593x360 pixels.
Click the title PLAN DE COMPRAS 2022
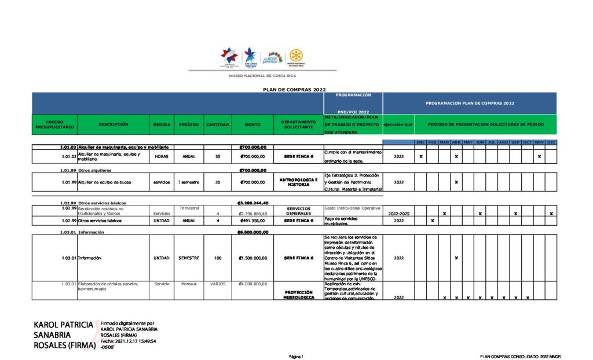click(x=295, y=90)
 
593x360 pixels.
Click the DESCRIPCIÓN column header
click(x=113, y=124)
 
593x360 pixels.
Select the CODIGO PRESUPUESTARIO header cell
click(x=54, y=124)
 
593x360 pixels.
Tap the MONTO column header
click(x=252, y=124)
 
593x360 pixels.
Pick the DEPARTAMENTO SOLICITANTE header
click(x=298, y=124)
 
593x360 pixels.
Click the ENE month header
click(x=421, y=142)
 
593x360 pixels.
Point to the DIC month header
click(x=551, y=142)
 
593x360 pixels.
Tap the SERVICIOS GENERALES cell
click(x=299, y=211)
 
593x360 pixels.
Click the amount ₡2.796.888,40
click(x=252, y=214)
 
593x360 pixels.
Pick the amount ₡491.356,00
click(x=252, y=221)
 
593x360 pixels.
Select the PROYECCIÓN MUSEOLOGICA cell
click(x=299, y=295)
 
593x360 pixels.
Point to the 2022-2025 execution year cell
click(x=398, y=214)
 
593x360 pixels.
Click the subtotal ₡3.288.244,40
click(x=252, y=203)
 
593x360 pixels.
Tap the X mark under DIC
click(x=551, y=214)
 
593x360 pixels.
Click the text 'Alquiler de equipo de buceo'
click(x=104, y=182)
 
